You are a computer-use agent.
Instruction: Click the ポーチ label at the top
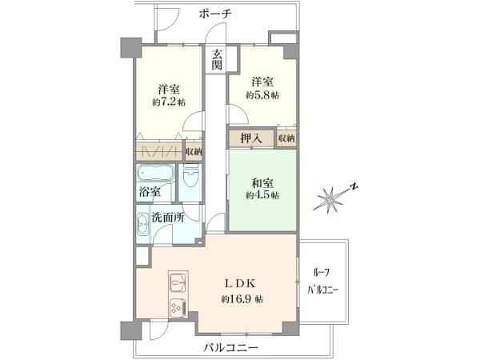[217, 14]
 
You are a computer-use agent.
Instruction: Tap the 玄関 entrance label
[217, 60]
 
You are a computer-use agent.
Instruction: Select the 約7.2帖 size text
[167, 103]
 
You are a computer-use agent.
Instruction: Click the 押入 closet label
[250, 138]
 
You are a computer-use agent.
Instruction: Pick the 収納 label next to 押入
[286, 138]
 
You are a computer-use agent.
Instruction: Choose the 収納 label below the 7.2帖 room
[193, 151]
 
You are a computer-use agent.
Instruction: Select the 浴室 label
[150, 192]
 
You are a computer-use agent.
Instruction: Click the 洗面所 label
[168, 216]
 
